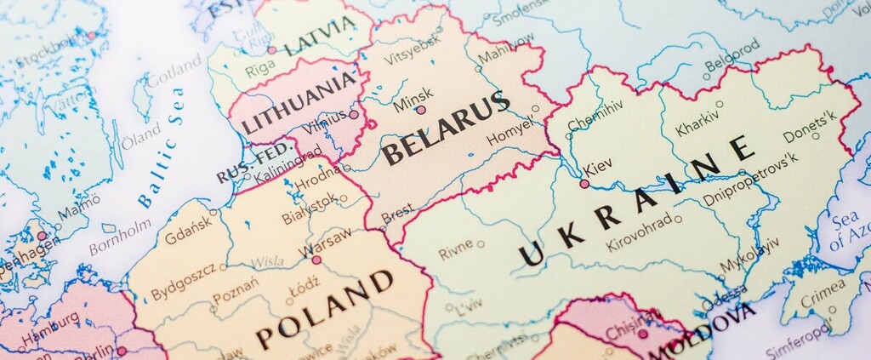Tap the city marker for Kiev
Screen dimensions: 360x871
coord(584,183)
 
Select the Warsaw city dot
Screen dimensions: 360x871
coord(316,260)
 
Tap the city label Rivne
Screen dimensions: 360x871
coord(455,251)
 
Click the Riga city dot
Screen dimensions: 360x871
coord(271,49)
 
